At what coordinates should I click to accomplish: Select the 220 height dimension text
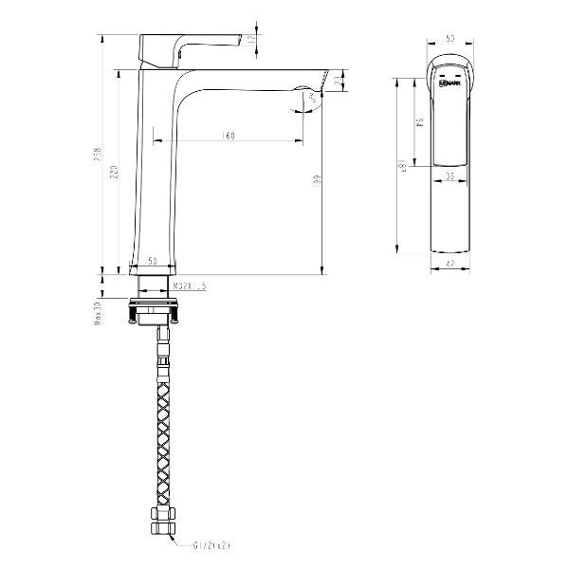[x=115, y=171]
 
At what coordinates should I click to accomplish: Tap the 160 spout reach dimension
[x=228, y=137]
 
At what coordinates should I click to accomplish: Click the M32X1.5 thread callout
[x=190, y=284]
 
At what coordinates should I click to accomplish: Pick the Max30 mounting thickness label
[x=98, y=314]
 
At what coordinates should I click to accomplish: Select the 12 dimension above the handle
[x=250, y=39]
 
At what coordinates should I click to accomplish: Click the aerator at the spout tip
[x=310, y=97]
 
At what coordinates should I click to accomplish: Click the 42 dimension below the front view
[x=452, y=266]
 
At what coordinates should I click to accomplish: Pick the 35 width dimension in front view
[x=452, y=176]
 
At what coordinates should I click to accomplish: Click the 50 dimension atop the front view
[x=452, y=39]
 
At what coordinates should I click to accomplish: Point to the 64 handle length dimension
[x=418, y=122]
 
